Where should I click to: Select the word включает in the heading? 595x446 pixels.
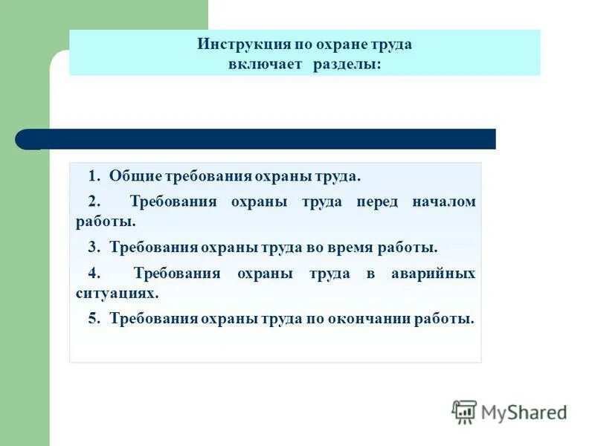pos(266,65)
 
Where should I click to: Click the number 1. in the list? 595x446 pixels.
pos(94,176)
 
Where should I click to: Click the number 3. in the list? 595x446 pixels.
pos(94,247)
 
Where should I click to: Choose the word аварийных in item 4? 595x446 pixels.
pos(433,273)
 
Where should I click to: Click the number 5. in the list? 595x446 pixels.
pos(94,318)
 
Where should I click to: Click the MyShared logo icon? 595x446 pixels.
pos(464,412)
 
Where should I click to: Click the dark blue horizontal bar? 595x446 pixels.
pos(260,139)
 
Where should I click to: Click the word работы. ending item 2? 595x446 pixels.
pos(106,221)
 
